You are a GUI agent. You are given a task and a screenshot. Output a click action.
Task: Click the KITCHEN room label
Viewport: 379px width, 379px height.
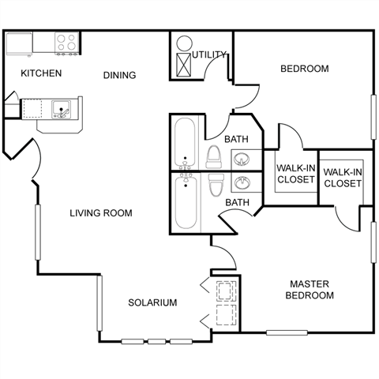click(x=41, y=73)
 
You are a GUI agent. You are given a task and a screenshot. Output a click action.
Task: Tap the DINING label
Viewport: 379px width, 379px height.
click(x=119, y=75)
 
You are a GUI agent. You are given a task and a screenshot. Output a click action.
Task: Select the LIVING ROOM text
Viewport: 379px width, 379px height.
click(x=101, y=213)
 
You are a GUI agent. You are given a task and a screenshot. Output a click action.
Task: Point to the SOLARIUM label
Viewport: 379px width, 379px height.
click(x=152, y=302)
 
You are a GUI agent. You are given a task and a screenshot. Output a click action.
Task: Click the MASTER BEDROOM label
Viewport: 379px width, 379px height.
click(x=310, y=290)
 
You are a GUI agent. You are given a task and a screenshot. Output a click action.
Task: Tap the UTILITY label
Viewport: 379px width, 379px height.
click(x=209, y=54)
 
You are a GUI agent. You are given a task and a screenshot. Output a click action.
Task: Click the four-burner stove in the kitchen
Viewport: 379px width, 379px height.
click(x=67, y=43)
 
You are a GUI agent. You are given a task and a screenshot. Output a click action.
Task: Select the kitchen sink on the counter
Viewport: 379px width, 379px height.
click(x=61, y=110)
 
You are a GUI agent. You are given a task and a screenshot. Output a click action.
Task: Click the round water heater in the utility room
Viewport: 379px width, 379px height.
click(x=185, y=43)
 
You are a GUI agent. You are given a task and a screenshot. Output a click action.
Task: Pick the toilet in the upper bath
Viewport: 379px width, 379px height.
click(x=214, y=157)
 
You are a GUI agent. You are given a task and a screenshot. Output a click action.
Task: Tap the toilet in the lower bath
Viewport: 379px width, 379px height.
click(x=216, y=185)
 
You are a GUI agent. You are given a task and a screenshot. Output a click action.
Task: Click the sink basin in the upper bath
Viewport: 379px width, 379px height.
click(x=242, y=159)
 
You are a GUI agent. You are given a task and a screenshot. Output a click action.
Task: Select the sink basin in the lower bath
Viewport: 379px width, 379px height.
click(x=242, y=183)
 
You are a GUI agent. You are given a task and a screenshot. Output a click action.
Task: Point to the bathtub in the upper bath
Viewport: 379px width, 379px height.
click(x=185, y=143)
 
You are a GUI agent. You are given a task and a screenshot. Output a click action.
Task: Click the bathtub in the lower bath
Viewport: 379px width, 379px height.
click(x=186, y=201)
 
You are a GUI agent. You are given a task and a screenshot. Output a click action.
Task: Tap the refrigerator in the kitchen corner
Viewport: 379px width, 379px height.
click(x=19, y=43)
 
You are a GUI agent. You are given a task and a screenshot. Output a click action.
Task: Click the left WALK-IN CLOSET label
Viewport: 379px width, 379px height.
click(x=296, y=174)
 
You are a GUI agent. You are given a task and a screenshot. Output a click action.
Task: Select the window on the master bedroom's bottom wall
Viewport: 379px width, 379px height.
click(x=287, y=332)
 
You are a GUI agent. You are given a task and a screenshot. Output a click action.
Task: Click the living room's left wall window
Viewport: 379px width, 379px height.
click(x=38, y=232)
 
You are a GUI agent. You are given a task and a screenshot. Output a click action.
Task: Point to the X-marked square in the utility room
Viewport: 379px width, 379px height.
click(x=183, y=65)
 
